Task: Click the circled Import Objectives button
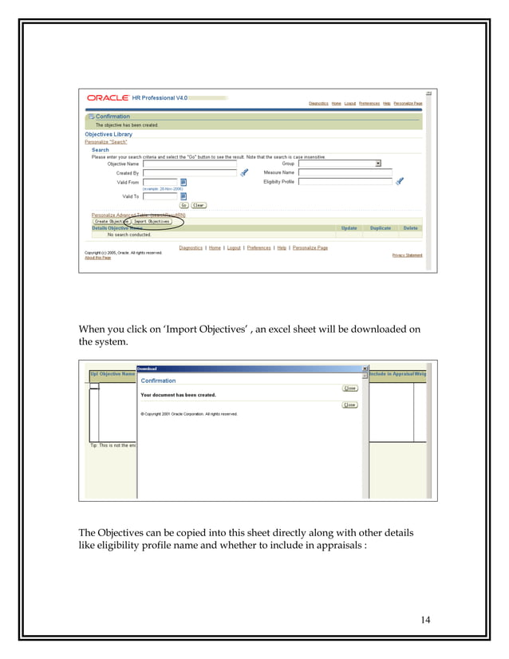[152, 221]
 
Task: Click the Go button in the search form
[183, 205]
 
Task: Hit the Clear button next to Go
[198, 205]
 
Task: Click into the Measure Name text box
[345, 172]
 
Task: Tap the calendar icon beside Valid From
[183, 182]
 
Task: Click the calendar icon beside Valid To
[183, 195]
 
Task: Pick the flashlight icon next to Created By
[245, 172]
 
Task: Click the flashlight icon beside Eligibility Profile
[400, 182]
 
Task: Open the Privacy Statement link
[407, 255]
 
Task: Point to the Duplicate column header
[381, 228]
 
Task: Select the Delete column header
[410, 228]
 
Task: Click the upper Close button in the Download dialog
[349, 389]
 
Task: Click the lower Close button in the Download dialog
[349, 404]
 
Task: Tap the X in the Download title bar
[365, 369]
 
